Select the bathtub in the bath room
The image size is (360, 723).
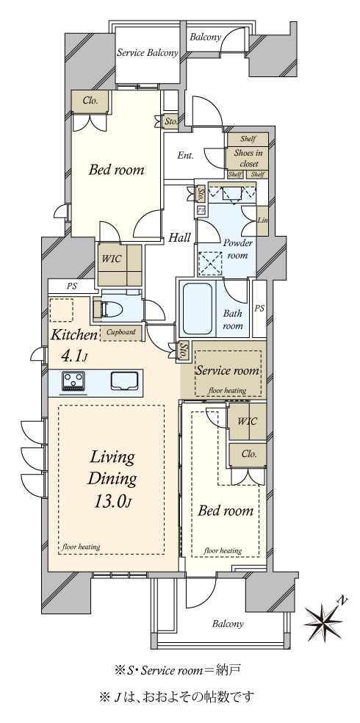point(198,309)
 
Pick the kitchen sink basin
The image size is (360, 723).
point(124,381)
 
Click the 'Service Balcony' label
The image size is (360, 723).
point(147,53)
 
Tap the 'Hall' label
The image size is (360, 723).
point(179,238)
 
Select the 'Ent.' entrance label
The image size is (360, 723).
point(185,155)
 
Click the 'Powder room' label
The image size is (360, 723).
point(237,249)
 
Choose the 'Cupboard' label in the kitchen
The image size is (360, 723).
point(120,332)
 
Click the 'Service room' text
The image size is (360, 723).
point(227,370)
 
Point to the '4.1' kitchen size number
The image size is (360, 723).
point(73,356)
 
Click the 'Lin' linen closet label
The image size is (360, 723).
point(262,220)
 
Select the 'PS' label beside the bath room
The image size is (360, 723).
point(259,309)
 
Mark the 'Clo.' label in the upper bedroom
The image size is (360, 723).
point(90,101)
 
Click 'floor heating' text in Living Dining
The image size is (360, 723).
point(82,547)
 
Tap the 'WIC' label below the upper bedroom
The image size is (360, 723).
point(111,259)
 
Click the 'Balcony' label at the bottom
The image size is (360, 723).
point(228,625)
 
